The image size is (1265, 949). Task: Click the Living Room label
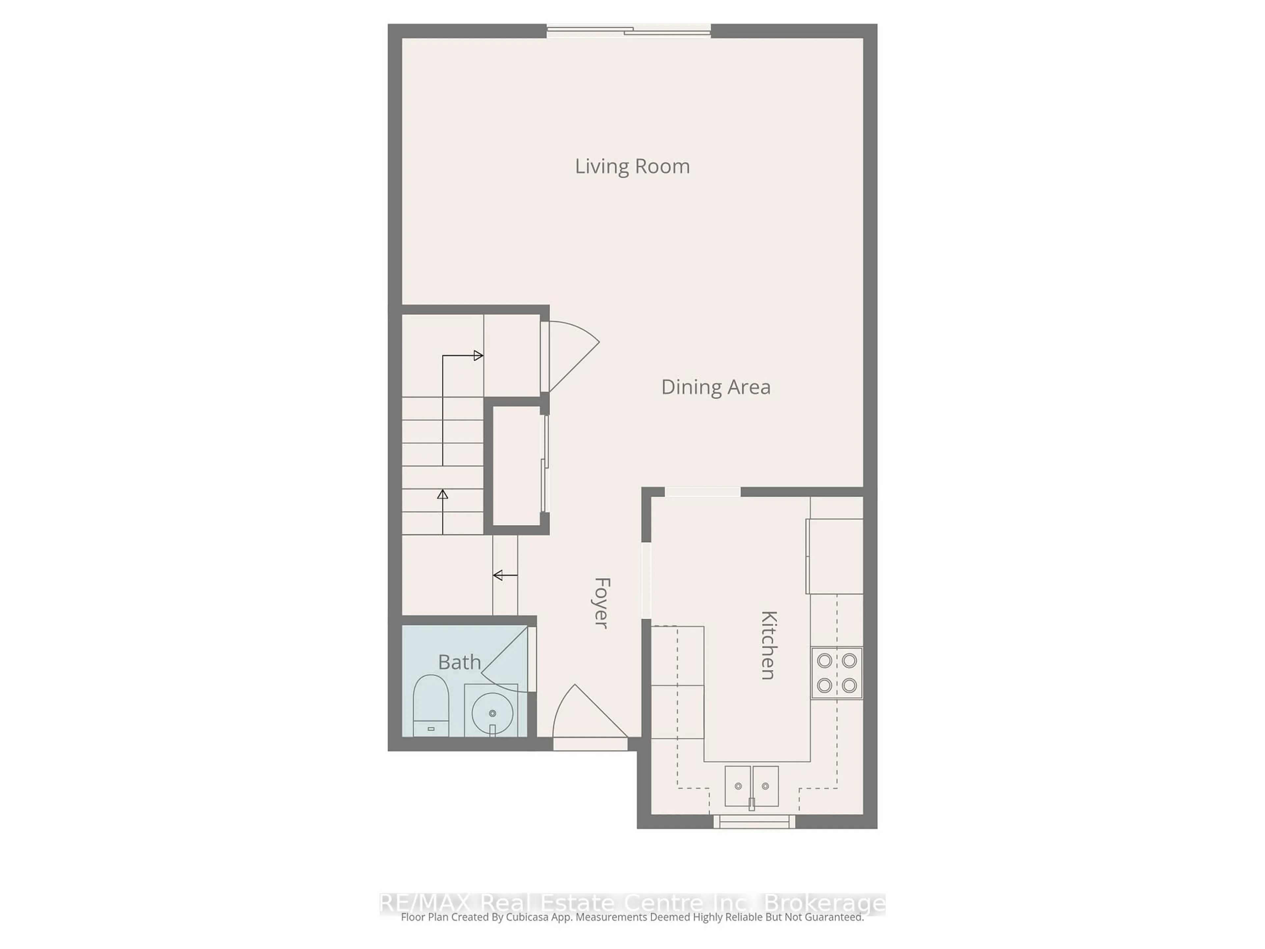coord(632,166)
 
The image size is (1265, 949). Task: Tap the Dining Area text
coord(716,387)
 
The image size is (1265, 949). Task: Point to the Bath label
coord(459,662)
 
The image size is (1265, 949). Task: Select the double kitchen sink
coord(751,786)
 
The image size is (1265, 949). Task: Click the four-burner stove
coord(836,673)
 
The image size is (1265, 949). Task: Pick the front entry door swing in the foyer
coord(586,715)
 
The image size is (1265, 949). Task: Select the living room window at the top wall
coord(629,31)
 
